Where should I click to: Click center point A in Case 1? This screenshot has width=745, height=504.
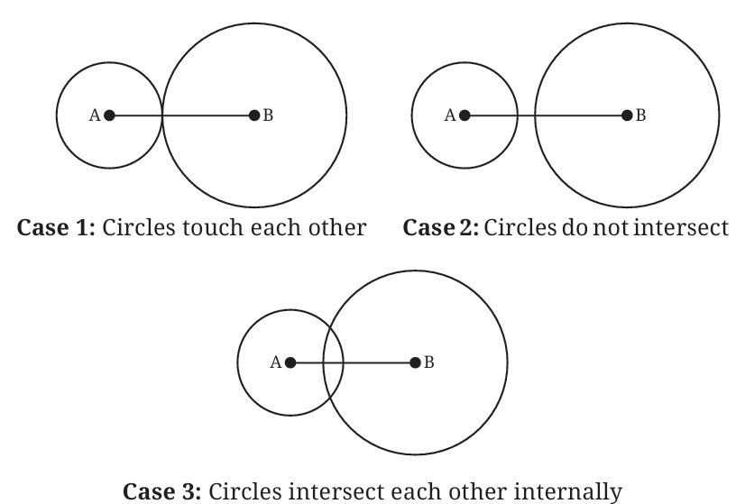(x=109, y=115)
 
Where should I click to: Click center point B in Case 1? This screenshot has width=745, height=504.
(x=254, y=115)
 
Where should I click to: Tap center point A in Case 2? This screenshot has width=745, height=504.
(x=464, y=115)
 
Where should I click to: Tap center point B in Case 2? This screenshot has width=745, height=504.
(x=627, y=115)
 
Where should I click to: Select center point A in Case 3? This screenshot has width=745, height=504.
(x=290, y=363)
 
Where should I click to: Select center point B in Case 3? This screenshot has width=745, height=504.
(x=415, y=363)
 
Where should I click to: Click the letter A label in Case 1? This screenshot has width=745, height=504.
(x=95, y=115)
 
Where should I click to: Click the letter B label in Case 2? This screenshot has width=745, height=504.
(x=640, y=115)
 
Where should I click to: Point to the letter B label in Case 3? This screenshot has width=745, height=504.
(x=428, y=363)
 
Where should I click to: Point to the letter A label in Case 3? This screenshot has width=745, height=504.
(x=276, y=363)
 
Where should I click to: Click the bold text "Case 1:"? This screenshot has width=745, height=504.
(x=56, y=227)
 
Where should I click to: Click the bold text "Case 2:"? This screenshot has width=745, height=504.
(x=441, y=227)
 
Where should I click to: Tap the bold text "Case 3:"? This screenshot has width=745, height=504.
(x=162, y=491)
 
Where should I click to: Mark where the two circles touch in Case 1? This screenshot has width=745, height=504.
(x=162, y=115)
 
